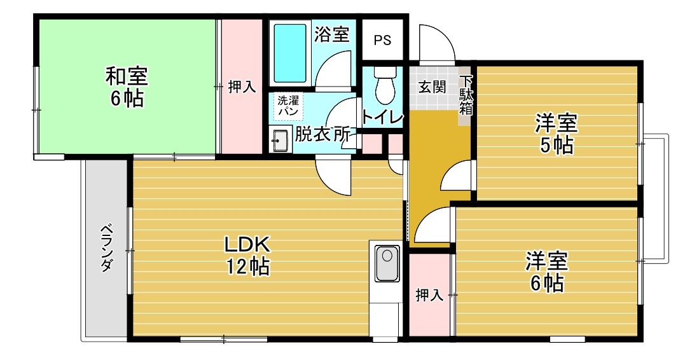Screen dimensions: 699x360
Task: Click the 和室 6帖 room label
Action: point(127,87)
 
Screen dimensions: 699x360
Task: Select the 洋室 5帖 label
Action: point(557,134)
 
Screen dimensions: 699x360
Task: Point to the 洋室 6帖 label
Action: point(546,272)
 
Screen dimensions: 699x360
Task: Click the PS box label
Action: point(382,41)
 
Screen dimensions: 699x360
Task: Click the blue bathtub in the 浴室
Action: point(290,53)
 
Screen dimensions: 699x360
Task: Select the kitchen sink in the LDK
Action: point(386,263)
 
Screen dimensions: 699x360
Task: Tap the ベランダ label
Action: point(106,248)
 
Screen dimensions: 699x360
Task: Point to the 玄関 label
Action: point(431,87)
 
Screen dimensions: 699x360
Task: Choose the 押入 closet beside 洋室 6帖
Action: point(429,295)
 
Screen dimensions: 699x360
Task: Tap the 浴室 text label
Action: point(331,34)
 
